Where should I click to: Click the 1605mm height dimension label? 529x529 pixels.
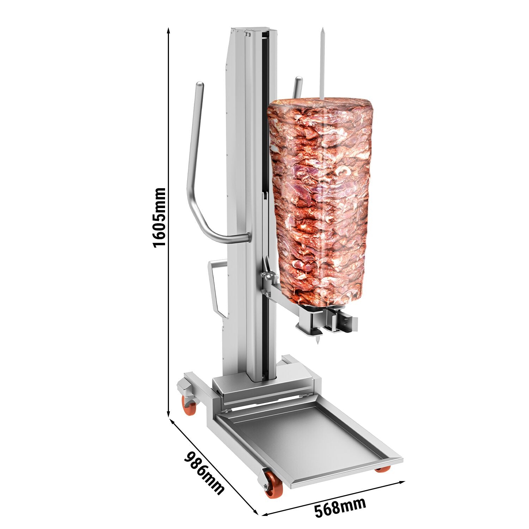(159, 218)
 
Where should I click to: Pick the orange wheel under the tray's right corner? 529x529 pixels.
(383, 469)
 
